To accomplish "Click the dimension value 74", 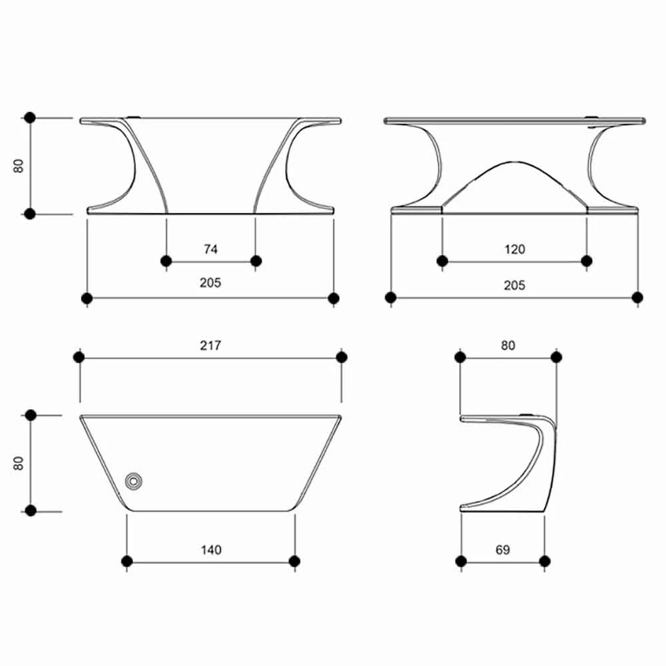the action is coord(210,249).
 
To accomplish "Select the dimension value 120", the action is coord(515,249).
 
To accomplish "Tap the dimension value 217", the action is coord(210,345).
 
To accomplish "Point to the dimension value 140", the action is coord(211,550).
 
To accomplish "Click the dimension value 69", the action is coord(503,550).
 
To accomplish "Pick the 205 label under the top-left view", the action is coord(210,283).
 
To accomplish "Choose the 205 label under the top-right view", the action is coord(515,285).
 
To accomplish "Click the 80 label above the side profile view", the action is coord(508,345).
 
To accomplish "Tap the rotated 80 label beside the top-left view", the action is coord(19,166).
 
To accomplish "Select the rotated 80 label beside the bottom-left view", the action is coord(19,464).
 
